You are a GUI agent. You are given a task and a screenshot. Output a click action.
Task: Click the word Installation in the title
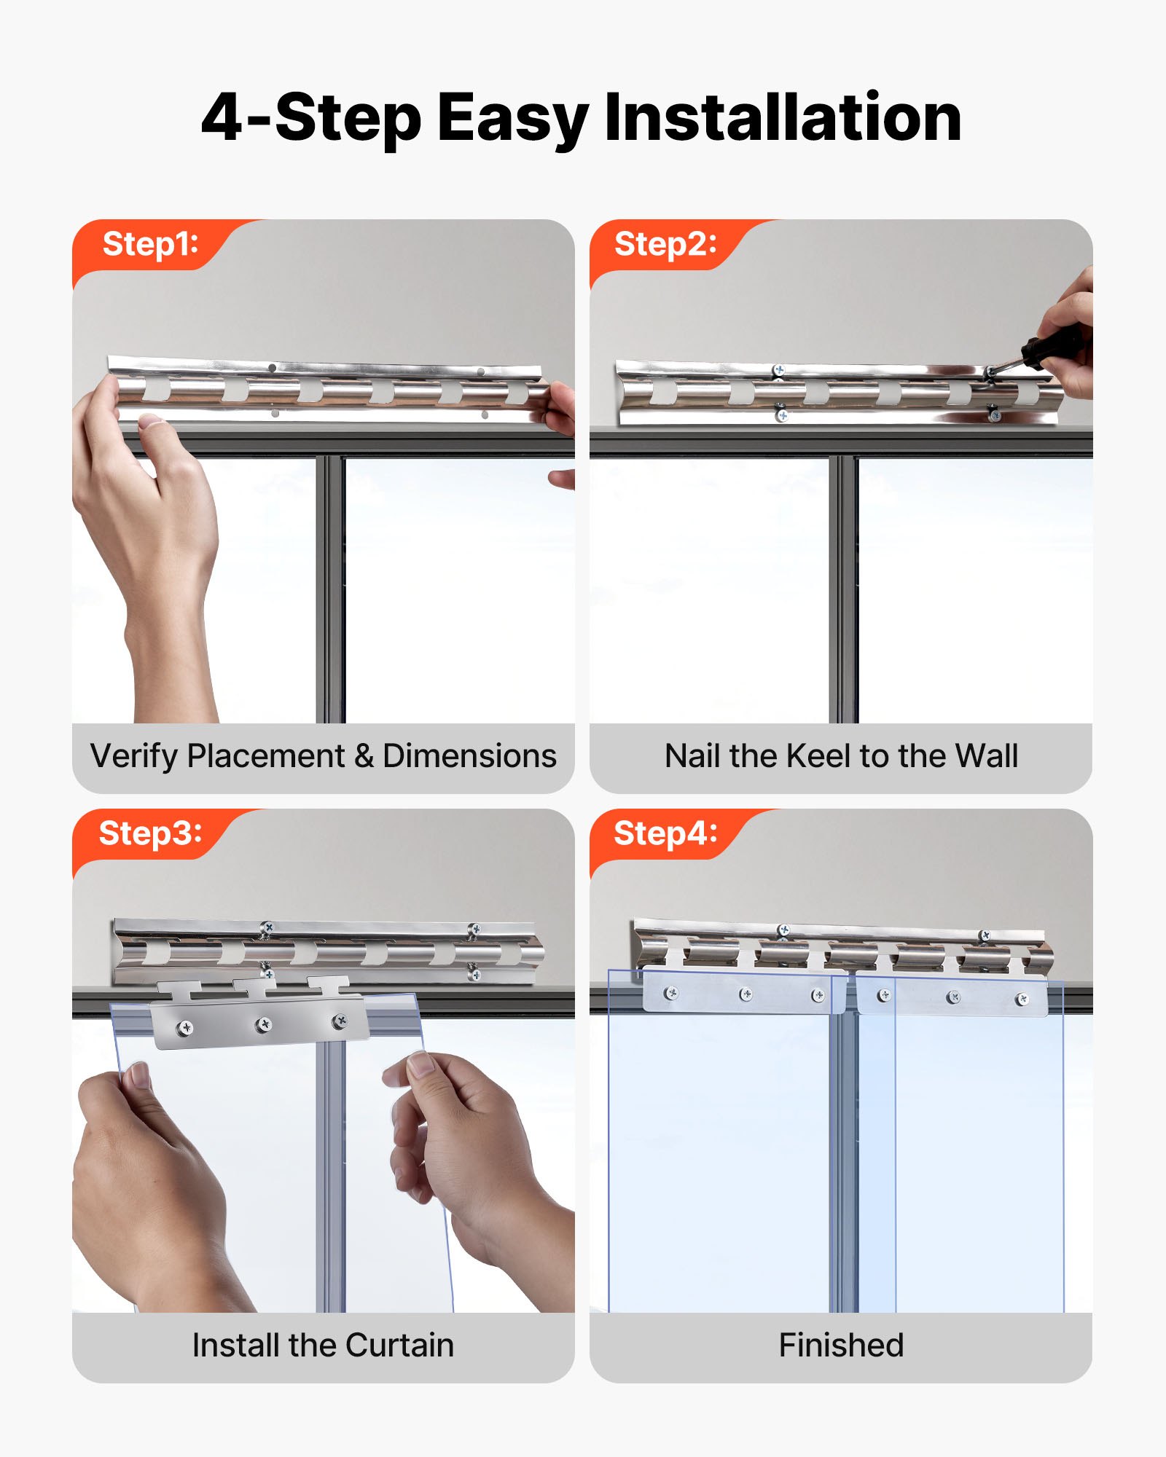[783, 119]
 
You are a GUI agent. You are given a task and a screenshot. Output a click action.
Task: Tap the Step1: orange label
[150, 244]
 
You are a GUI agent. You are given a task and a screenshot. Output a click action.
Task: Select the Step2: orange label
[665, 244]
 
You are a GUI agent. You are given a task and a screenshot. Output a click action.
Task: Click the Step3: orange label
[150, 833]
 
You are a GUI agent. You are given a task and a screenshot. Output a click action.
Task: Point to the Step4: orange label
[665, 833]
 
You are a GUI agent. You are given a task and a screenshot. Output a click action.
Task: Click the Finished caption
[841, 1346]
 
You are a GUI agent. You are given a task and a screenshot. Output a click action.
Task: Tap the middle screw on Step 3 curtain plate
[264, 1025]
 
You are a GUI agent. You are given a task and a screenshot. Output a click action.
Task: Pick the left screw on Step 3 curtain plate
[186, 1028]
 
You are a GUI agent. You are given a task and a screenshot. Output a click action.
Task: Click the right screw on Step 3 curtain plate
[340, 1021]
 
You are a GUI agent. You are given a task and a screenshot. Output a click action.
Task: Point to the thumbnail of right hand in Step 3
[421, 1066]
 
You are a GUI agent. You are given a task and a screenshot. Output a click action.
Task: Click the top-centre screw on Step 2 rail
[779, 371]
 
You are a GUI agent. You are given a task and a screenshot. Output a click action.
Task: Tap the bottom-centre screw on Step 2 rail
[781, 416]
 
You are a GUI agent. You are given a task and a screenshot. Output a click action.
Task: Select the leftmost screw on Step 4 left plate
[671, 992]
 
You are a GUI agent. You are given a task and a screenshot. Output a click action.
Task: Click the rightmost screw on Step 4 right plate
[1022, 1000]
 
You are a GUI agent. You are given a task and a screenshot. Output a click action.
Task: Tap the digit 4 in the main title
[222, 119]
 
